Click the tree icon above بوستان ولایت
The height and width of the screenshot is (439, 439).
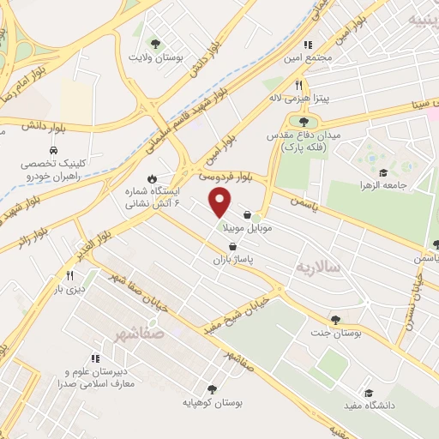(156, 43)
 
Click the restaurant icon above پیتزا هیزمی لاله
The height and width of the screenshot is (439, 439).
(299, 85)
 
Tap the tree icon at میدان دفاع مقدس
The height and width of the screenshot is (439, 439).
(304, 123)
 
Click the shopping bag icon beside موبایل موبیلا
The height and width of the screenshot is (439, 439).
(248, 215)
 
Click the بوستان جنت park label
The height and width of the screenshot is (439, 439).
(335, 333)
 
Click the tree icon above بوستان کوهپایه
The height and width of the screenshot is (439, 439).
(212, 388)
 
